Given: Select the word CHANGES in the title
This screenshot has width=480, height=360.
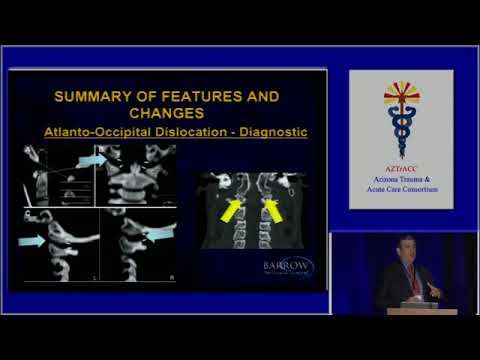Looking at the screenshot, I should [166, 114].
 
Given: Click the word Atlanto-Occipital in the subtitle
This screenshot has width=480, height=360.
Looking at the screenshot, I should [105, 132].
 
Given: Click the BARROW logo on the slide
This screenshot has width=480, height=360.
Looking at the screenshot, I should [287, 267].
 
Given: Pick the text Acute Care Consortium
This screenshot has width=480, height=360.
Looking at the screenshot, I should [400, 190].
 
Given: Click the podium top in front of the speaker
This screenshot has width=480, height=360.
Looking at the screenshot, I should [422, 311].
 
